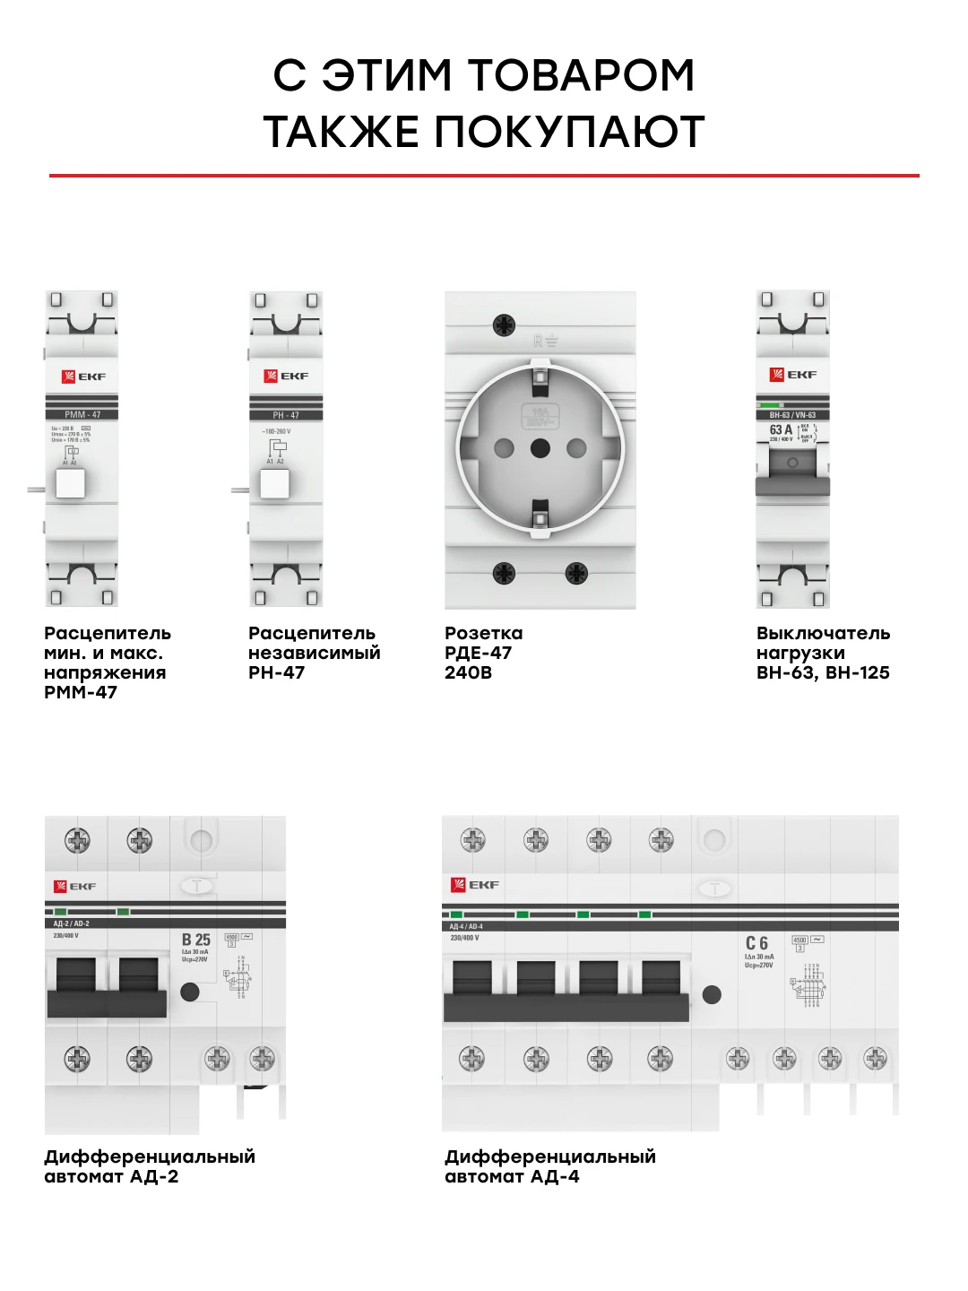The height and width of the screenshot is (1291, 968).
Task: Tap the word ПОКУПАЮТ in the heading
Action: (569, 132)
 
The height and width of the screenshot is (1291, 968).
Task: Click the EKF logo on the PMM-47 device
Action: (83, 377)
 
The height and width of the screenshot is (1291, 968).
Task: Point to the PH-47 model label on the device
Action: (286, 415)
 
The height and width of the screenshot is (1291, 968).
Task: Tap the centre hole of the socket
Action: (540, 447)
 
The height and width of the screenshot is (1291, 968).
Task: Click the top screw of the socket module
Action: (505, 325)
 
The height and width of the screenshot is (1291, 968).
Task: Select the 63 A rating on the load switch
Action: (781, 430)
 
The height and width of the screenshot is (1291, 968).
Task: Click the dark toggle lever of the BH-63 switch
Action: (792, 486)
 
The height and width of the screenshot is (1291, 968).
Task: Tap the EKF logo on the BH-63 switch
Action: (793, 375)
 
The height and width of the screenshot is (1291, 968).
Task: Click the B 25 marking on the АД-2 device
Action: (195, 940)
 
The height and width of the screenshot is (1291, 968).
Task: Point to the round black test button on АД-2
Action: (189, 992)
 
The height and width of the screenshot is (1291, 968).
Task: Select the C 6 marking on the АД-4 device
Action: (756, 943)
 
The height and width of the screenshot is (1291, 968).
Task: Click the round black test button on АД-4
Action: (712, 994)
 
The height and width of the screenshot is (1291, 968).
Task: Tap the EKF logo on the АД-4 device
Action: (475, 885)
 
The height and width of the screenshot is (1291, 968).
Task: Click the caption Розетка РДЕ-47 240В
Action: (484, 653)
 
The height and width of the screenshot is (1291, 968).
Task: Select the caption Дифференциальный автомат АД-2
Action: (150, 1166)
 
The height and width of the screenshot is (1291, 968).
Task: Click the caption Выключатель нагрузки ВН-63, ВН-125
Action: (823, 653)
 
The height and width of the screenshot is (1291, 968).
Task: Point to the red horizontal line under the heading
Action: (484, 176)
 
